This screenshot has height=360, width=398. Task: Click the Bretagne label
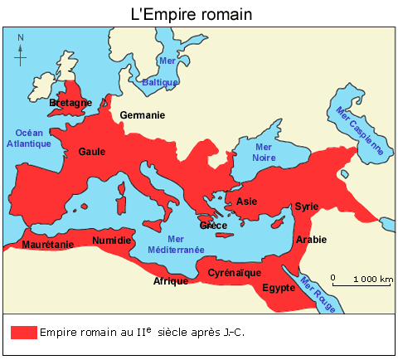tap(70, 103)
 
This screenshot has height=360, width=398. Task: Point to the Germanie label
tap(143, 114)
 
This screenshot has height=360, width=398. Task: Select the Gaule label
tap(92, 152)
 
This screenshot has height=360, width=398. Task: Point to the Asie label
tap(246, 201)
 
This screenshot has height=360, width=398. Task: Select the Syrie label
tap(307, 206)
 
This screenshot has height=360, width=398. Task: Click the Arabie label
tap(312, 240)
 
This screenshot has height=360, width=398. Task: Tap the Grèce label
tap(213, 225)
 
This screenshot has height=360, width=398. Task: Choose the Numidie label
tap(112, 240)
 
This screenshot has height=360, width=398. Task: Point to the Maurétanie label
tap(47, 245)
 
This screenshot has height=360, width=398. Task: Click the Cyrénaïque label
tap(235, 272)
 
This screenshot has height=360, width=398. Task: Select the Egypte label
tap(279, 288)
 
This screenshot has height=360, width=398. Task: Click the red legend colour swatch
tap(23, 331)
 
